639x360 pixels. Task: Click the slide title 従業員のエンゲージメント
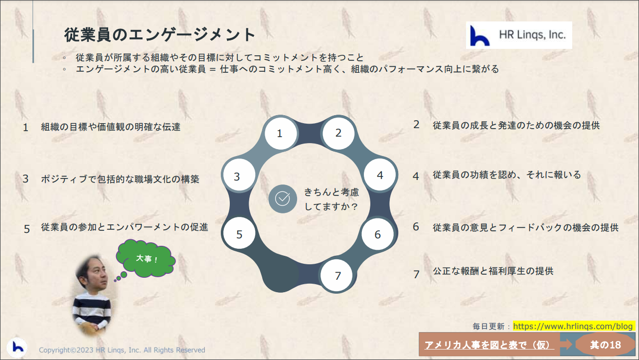pos(160,35)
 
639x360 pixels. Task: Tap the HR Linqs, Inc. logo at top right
pos(519,35)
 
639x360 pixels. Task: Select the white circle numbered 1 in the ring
pos(281,133)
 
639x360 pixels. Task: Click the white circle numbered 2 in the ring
pos(338,133)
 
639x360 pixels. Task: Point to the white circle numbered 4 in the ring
pos(380,175)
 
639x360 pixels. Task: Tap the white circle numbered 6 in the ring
pos(377,234)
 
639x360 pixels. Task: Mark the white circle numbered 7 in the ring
pos(336,275)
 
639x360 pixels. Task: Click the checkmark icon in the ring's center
pos(283,199)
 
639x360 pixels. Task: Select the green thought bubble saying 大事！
pos(146,258)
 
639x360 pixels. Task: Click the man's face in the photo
pos(94,274)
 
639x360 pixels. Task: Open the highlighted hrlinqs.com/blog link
pos(573,326)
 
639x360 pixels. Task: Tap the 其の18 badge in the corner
pos(605,345)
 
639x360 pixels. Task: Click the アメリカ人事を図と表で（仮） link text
pos(489,345)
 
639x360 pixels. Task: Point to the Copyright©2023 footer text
pos(122,350)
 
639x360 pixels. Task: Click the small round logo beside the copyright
pos(17,348)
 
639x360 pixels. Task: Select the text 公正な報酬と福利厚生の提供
pos(493,271)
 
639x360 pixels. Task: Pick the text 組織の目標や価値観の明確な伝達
pos(111,127)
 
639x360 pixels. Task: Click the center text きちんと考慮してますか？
pos(331,199)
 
